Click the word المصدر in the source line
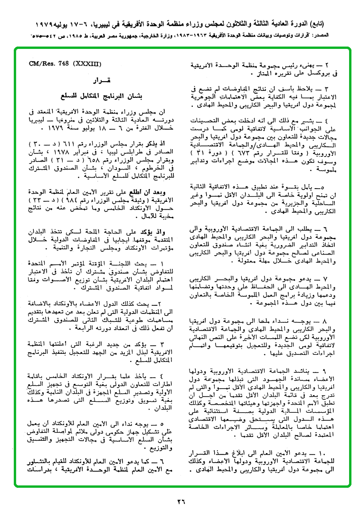tap(348, 36)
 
